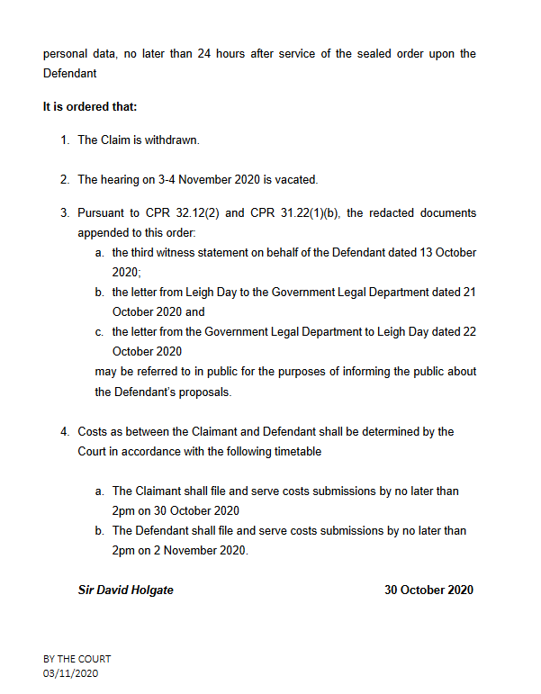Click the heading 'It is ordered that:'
tap(90, 106)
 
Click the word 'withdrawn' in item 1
tap(171, 140)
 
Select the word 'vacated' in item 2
tap(296, 179)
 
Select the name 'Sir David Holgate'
tap(126, 590)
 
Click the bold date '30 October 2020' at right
tap(428, 590)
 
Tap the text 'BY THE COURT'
tap(77, 660)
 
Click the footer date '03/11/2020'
tap(70, 673)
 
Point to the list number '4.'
tap(65, 432)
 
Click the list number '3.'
tap(65, 213)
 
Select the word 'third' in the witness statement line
tap(147, 253)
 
